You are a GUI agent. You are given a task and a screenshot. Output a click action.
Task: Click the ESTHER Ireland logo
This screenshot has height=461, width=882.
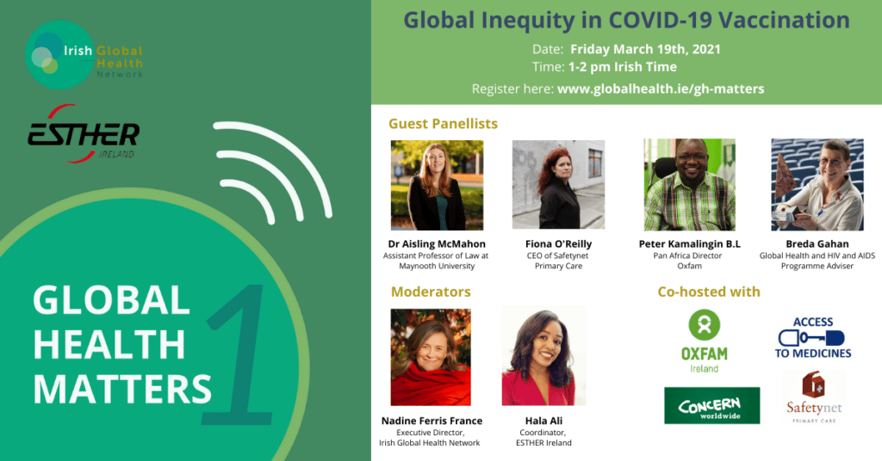(x=84, y=133)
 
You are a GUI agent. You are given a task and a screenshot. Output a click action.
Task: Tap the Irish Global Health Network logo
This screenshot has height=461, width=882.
(x=84, y=55)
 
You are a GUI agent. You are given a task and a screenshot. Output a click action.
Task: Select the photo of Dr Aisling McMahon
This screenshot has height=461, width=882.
(x=437, y=185)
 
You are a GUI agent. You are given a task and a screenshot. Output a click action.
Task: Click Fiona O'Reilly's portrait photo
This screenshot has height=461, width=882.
(x=558, y=184)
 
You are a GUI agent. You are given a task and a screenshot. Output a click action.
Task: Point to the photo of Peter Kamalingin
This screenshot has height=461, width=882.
(x=689, y=184)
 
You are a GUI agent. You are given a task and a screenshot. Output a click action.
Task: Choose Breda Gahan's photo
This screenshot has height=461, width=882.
(x=817, y=184)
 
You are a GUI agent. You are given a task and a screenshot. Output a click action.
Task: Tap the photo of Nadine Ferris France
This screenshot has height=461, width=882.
(x=431, y=357)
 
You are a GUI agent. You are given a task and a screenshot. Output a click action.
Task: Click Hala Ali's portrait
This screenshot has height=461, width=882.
(x=544, y=356)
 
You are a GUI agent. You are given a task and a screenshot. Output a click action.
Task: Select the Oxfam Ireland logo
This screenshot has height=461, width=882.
(x=705, y=341)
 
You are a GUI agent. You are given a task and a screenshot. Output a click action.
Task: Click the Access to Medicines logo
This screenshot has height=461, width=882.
(x=813, y=337)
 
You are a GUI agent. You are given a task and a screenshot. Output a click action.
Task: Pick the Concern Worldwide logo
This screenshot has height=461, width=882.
(x=711, y=405)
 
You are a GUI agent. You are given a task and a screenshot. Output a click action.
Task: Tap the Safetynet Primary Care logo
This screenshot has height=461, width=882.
(x=814, y=397)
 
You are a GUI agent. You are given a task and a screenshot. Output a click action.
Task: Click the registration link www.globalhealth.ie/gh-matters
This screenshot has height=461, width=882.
(x=661, y=89)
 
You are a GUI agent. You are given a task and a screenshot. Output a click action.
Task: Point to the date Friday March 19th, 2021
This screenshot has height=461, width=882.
(x=645, y=49)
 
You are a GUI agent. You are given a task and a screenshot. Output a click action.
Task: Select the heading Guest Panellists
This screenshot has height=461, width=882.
(x=444, y=124)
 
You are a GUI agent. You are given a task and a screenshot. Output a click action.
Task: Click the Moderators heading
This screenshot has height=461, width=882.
(x=431, y=292)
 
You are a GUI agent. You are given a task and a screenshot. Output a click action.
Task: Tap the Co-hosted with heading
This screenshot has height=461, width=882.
(x=709, y=292)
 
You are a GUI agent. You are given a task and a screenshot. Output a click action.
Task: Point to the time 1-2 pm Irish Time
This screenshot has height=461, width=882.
(x=622, y=67)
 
